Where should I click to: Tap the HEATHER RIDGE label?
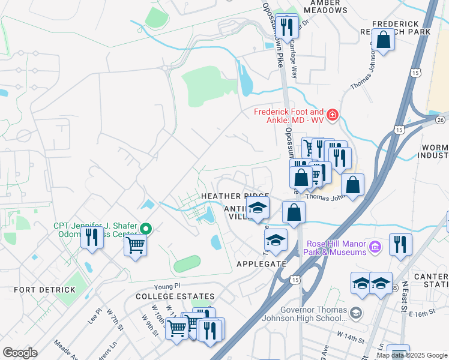pos(234,196)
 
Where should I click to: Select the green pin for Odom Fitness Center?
pos(146,229)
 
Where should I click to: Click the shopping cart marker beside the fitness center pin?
pos(136,244)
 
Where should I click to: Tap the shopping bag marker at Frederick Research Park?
pos(383,41)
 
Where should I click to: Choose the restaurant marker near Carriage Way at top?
pos(287,26)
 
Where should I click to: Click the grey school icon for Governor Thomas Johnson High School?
pos(356,313)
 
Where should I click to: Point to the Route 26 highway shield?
pos(441,120)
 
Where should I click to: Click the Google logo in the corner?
pos(20,352)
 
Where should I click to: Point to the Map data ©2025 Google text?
pos(411,355)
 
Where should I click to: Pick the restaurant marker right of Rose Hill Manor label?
pos(400,244)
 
